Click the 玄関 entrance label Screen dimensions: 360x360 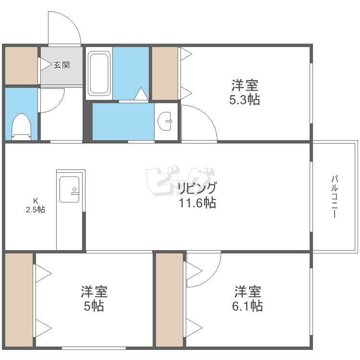(x=61, y=65)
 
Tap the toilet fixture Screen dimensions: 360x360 (x=22, y=126)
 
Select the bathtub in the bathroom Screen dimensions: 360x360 (x=99, y=73)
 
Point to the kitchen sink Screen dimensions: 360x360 (x=69, y=189)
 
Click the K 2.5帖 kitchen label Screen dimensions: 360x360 (x=36, y=205)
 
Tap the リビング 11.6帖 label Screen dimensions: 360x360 (x=197, y=195)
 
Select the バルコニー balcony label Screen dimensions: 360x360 (x=335, y=197)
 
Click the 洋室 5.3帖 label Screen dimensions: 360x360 (x=245, y=93)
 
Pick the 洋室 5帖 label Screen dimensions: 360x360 (x=94, y=299)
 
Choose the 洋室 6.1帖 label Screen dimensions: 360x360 (x=248, y=299)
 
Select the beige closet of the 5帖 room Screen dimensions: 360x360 (x=19, y=300)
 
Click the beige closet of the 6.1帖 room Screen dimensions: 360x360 (x=170, y=300)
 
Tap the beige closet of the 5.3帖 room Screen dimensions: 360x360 (x=165, y=73)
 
